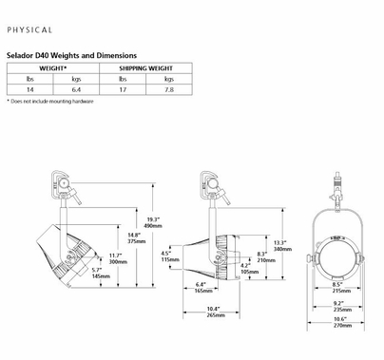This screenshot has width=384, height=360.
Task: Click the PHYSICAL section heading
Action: coord(29,30)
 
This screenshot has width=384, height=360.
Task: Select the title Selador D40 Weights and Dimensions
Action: coord(71,55)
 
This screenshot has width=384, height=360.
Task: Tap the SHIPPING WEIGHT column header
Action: coord(145,68)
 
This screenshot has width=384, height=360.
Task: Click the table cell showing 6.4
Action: coord(76,89)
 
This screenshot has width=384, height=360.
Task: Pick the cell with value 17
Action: coord(123,89)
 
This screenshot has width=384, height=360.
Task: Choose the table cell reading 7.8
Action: coord(169,89)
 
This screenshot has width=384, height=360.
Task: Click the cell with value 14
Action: coord(29,89)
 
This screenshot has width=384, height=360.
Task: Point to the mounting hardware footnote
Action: coord(50,102)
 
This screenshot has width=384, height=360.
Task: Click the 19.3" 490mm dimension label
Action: coord(153,222)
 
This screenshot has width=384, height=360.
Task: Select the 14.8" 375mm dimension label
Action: coord(137,238)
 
